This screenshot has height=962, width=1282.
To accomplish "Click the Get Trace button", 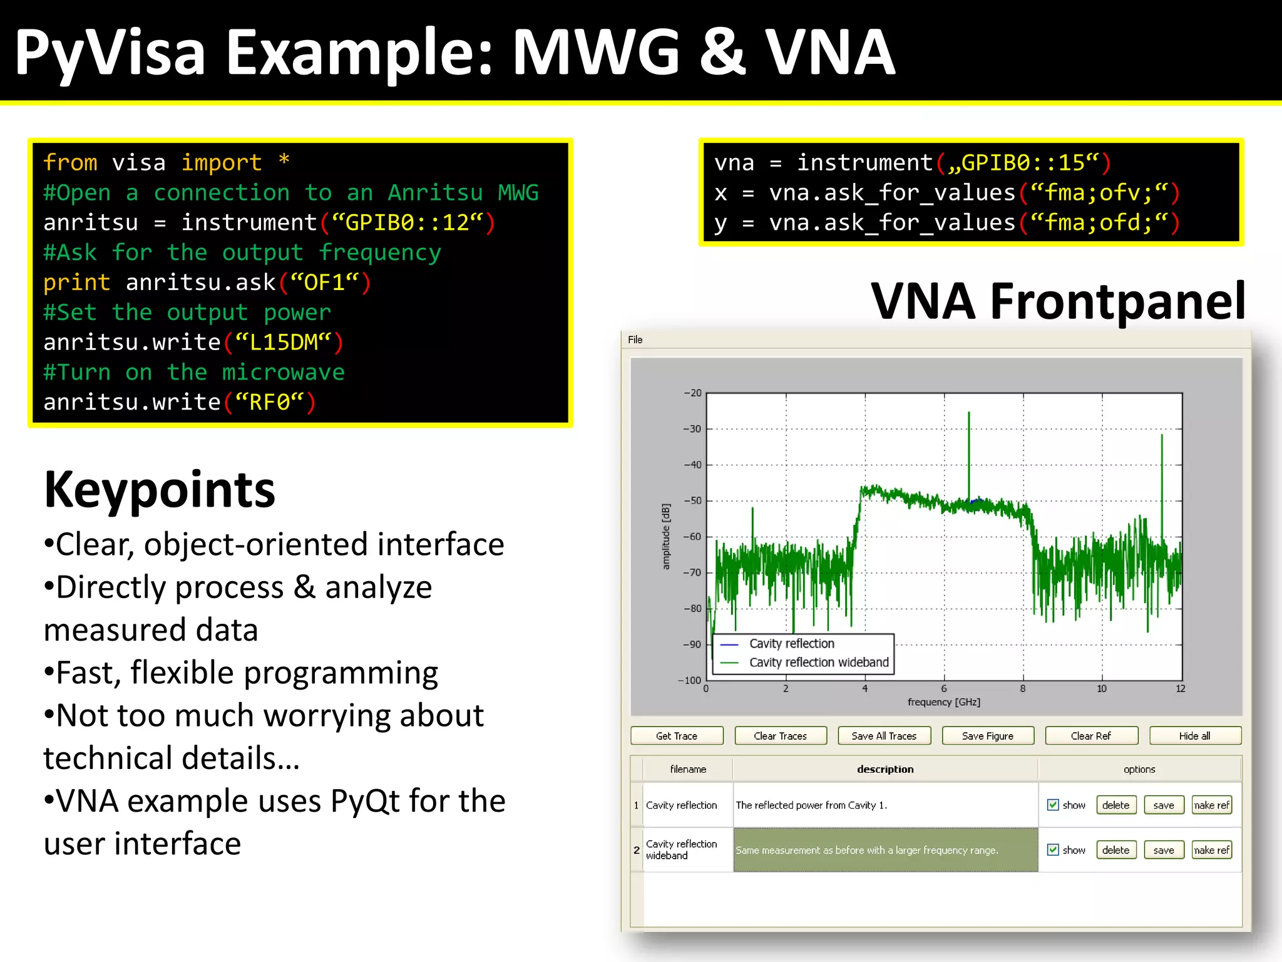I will [676, 736].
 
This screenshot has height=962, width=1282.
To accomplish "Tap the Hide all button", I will [1194, 736].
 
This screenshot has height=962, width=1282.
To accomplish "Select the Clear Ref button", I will [1090, 736].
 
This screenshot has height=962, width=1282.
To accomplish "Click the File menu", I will [635, 339].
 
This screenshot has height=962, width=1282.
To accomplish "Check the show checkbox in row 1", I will [1053, 805].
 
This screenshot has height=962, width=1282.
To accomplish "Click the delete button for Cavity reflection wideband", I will [1115, 850].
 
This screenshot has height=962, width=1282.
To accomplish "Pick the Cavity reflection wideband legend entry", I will [818, 663].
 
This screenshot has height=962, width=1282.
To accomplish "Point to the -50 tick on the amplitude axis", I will [692, 501].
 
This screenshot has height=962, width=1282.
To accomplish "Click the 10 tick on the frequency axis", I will [1101, 689].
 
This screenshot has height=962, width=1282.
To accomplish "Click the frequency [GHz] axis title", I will [943, 702].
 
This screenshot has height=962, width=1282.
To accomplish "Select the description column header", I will [885, 769].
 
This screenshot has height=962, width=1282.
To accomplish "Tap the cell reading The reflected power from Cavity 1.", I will [811, 805].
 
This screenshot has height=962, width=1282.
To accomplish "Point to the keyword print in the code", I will [76, 283].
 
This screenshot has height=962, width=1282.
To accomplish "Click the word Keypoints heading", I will [160, 490].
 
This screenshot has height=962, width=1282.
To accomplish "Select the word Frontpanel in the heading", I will [1117, 302].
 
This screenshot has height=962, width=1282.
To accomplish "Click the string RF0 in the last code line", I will [270, 402].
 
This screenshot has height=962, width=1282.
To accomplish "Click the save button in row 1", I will [1163, 805].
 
